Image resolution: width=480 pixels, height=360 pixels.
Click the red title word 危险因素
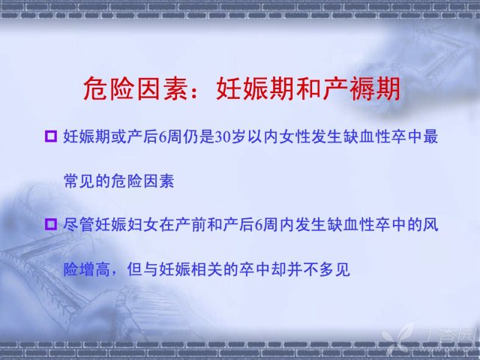pos(136,88)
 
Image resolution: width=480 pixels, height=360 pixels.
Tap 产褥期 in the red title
pos(361,88)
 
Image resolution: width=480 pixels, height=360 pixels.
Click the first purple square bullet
pos(51,136)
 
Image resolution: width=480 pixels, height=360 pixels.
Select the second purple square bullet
pos(51,224)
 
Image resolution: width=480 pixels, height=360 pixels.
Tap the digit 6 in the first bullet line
pos(163,136)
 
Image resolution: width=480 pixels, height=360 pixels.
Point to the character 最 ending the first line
pos(430,136)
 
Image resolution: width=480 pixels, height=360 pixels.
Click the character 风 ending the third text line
pos(430,225)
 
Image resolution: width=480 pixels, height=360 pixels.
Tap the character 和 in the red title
pos(308,88)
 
